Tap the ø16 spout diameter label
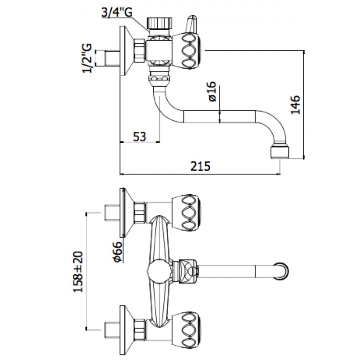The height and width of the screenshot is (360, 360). (213, 91)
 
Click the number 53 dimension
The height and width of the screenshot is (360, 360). (139, 136)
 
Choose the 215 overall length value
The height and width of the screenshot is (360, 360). (201, 166)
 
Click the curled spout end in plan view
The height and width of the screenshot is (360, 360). (283, 270)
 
